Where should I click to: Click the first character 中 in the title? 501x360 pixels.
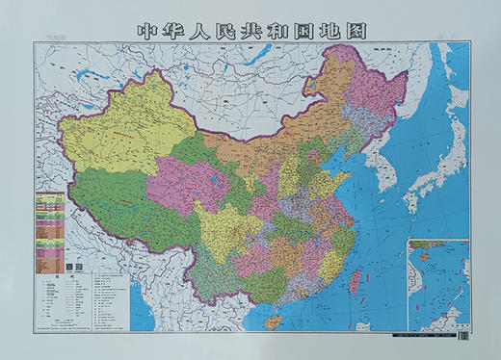pos(146,29)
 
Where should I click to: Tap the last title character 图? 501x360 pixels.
pos(356,29)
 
